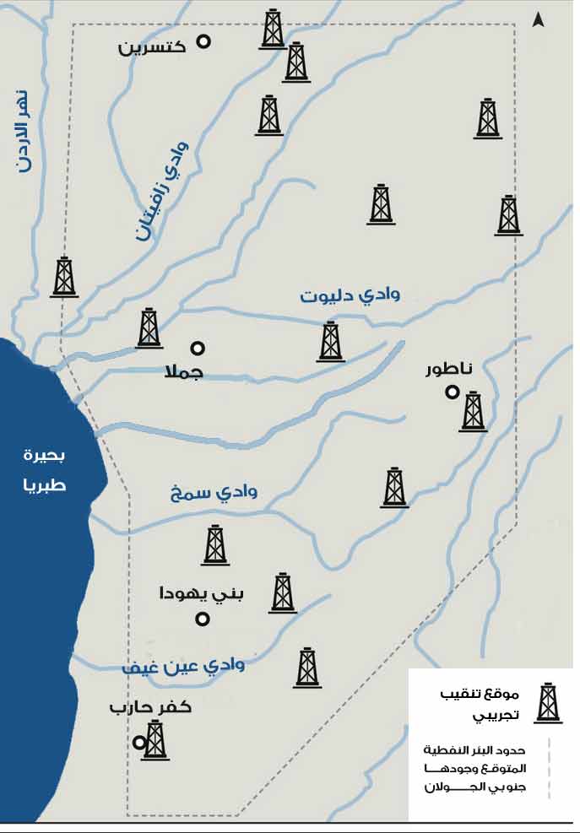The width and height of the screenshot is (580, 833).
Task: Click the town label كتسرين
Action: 153,47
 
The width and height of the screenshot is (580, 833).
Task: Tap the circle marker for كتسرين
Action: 203,41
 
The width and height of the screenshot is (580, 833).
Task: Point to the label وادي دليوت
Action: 350,295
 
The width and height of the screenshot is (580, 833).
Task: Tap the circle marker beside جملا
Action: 198,348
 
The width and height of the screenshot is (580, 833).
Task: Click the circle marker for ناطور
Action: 453,392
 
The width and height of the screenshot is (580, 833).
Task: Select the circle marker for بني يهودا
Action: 203,619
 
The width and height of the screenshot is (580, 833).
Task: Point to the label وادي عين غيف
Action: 183,665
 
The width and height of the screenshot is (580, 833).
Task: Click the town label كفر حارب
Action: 150,707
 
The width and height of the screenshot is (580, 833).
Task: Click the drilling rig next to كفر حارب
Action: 155,741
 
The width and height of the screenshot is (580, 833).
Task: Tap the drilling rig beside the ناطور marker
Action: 474,411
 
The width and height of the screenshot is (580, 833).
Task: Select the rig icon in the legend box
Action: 549,702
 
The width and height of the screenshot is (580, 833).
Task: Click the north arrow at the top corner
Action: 537,19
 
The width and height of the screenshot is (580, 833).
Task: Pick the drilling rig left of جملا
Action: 149,327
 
